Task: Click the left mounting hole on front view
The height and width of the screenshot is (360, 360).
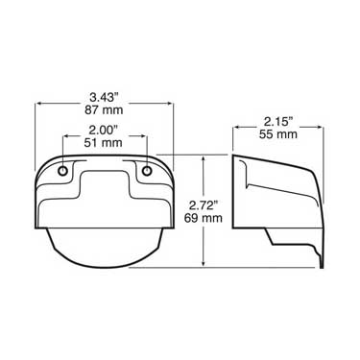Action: (64, 171)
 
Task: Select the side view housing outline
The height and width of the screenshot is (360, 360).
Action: (278, 206)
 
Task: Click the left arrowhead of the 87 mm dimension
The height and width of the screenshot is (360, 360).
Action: (39, 104)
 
